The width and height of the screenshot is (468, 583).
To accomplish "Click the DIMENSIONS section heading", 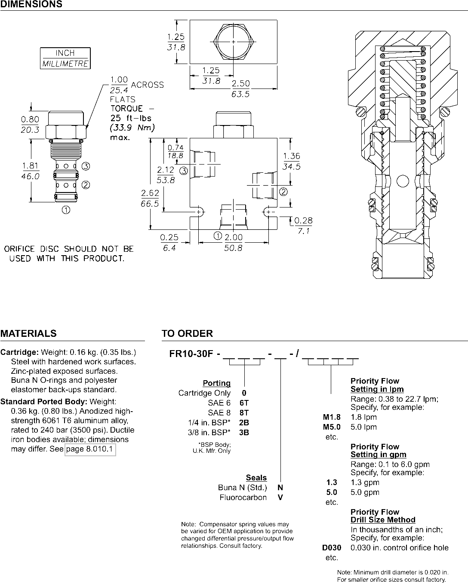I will coord(31,4).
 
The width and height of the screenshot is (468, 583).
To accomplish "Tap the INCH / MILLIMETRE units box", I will coord(65,58).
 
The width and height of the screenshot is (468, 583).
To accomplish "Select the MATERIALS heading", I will coord(28,333).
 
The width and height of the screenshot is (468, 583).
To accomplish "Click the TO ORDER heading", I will coord(187,333).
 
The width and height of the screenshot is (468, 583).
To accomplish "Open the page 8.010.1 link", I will coord(90,449).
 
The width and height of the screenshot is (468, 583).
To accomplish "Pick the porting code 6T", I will coord(244,403).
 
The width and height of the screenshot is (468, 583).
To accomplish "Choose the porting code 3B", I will coord(244,432).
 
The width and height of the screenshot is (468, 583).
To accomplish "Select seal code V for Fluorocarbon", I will coord(280,498).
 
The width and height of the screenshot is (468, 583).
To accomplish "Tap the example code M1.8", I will coord(332,417).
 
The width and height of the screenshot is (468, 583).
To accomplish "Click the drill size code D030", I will coord(332,548).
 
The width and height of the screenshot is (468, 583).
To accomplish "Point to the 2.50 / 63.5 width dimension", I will coord(240,89).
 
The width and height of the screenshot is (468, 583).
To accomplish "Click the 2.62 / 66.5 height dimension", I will coord(150,198).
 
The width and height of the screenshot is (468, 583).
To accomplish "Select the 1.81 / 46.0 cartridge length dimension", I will coord(31,171).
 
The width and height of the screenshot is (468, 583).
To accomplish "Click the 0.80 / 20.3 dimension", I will coord(30,125).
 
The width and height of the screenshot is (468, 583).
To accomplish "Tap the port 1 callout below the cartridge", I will coord(66,210).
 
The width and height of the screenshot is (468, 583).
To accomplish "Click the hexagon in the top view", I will coord(234,42).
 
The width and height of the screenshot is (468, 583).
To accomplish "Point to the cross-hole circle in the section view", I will coord(402,181).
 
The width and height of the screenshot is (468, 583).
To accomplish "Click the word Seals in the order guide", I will coord(256,478).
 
